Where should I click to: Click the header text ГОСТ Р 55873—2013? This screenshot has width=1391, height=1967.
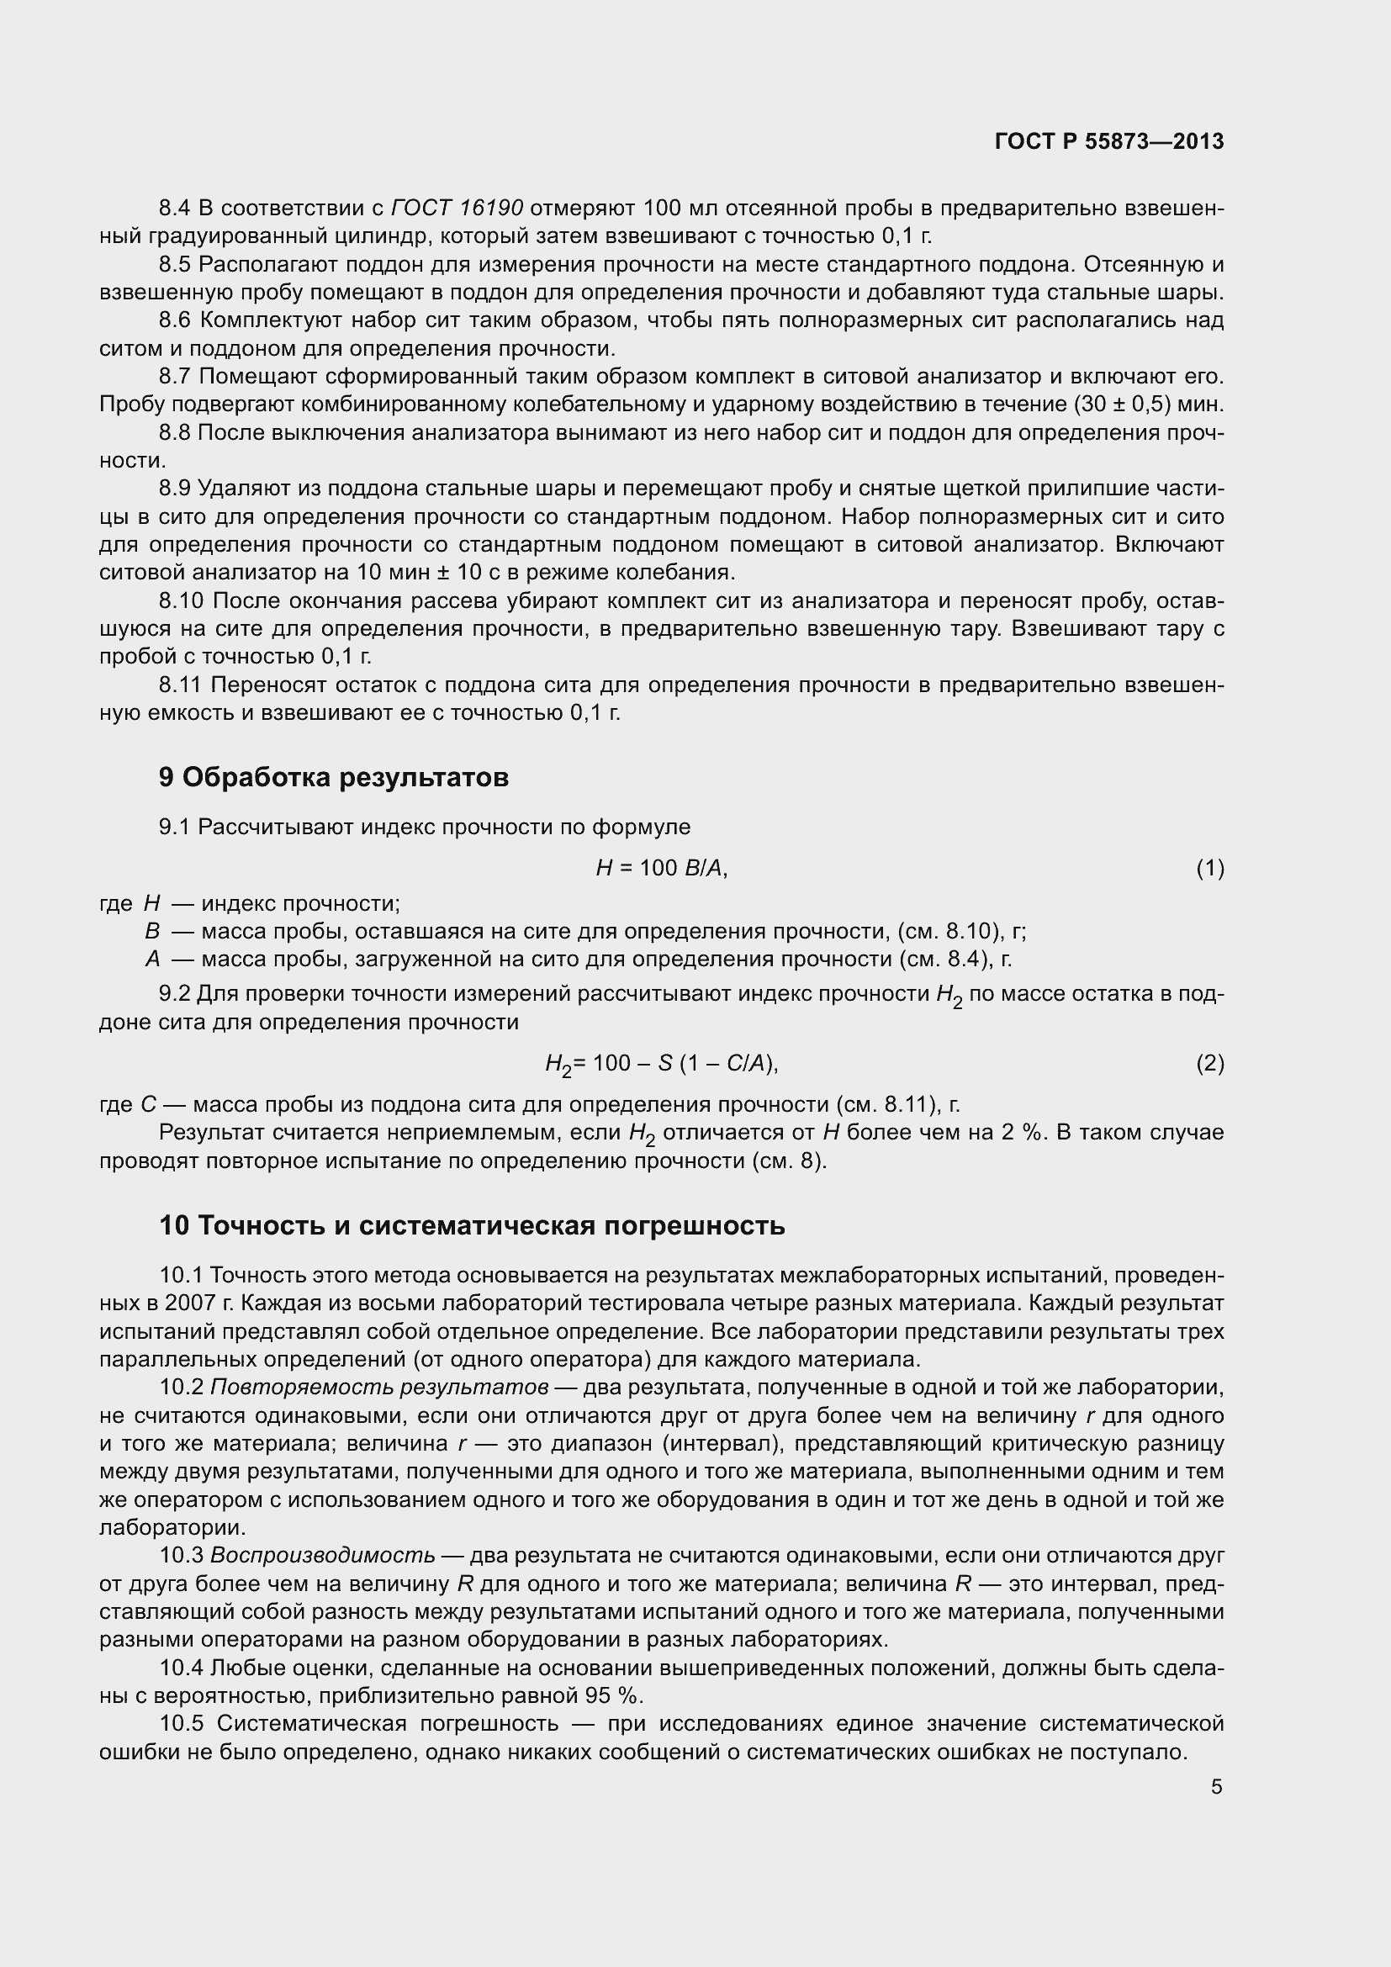point(1109,141)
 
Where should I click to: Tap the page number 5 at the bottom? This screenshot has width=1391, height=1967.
point(1216,1787)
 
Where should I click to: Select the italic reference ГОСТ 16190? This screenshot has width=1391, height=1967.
point(457,209)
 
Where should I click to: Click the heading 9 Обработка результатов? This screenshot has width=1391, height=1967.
point(334,777)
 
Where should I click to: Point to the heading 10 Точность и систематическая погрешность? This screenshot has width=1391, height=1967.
point(472,1226)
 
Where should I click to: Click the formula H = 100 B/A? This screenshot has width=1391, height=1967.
point(661,869)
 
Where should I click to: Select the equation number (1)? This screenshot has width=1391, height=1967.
point(1209,869)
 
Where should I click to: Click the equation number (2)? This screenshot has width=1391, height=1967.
point(1209,1064)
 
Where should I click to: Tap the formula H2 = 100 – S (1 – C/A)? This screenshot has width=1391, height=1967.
point(661,1064)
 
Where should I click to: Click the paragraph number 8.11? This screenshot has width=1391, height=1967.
point(181,685)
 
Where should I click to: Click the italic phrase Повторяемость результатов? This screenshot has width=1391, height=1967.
point(379,1387)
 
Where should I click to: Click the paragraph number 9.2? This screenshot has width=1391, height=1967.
point(176,994)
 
